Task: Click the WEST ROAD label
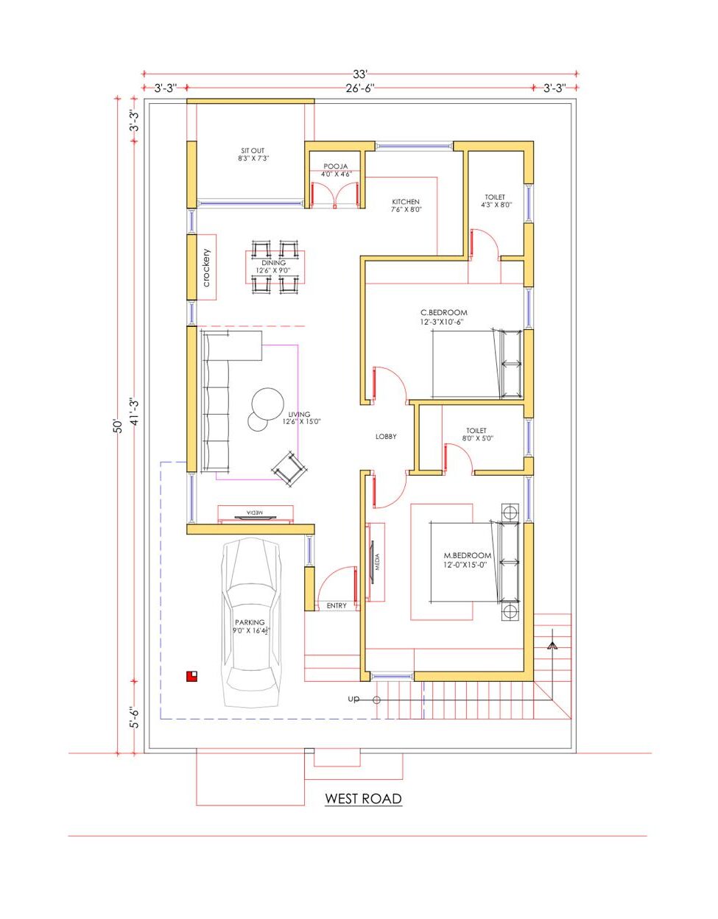[363, 798]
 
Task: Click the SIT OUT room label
[253, 150]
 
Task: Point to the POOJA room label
[335, 166]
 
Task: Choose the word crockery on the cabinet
[206, 268]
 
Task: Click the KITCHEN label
[406, 202]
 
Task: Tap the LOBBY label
[386, 437]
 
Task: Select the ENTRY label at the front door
[337, 606]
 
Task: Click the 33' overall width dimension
[359, 74]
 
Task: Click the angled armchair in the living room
[289, 469]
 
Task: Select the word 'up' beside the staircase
[353, 699]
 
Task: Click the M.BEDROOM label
[467, 555]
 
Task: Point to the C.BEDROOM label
[444, 312]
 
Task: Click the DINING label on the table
[274, 263]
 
